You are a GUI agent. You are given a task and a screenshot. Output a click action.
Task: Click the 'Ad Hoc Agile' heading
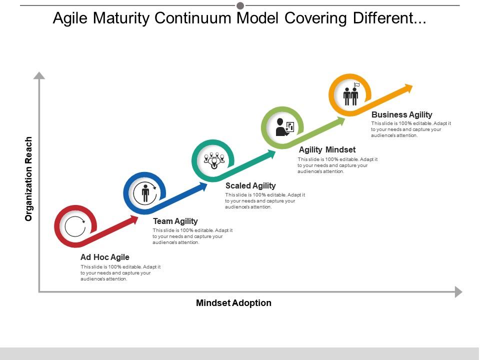pyautogui.click(x=105, y=257)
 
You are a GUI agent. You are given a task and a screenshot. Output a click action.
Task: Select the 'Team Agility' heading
pyautogui.click(x=175, y=221)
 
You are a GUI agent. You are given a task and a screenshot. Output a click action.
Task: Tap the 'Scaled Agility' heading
pyautogui.click(x=250, y=186)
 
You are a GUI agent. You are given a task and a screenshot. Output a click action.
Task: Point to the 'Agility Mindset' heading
pyautogui.click(x=327, y=149)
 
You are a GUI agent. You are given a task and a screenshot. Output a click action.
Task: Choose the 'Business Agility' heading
pyautogui.click(x=402, y=114)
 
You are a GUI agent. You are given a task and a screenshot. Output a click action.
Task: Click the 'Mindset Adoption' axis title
pyautogui.click(x=233, y=303)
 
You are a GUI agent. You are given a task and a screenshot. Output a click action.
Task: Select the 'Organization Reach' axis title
pyautogui.click(x=28, y=179)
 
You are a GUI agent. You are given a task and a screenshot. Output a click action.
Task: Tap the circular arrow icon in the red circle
pyautogui.click(x=75, y=226)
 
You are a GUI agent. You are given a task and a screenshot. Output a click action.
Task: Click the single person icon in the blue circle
pyautogui.click(x=145, y=193)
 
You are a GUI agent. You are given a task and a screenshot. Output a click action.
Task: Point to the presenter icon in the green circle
pyautogui.click(x=284, y=126)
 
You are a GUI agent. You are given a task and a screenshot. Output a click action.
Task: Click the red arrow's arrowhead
pyautogui.click(x=133, y=220)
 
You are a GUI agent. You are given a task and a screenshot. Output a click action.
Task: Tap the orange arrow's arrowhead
pyautogui.click(x=408, y=88)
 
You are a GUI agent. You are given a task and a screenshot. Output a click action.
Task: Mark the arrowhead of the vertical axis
pyautogui.click(x=39, y=75)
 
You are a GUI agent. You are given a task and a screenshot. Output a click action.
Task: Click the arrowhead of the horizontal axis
pyautogui.click(x=458, y=292)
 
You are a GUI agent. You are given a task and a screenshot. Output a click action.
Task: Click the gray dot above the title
pyautogui.click(x=240, y=5)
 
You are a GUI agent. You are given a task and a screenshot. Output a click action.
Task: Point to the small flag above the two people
pyautogui.click(x=357, y=84)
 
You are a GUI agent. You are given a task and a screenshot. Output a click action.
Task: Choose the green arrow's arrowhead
pyautogui.click(x=340, y=121)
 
